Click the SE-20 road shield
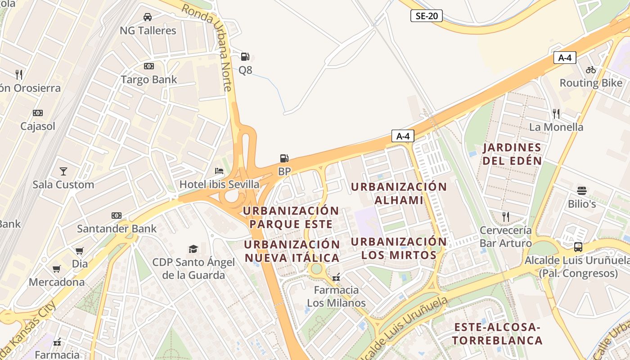pyautogui.click(x=426, y=16)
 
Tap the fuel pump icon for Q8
pyautogui.click(x=245, y=56)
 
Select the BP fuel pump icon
pyautogui.click(x=284, y=158)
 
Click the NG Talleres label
pyautogui.click(x=148, y=31)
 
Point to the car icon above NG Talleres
pyautogui.click(x=147, y=17)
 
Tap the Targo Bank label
pyautogui.click(x=148, y=80)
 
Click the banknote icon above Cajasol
pyautogui.click(x=38, y=113)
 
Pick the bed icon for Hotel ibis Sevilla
pyautogui.click(x=219, y=171)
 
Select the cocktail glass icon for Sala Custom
pyautogui.click(x=63, y=171)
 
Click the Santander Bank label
pyautogui.click(x=117, y=229)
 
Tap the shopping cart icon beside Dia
pyautogui.click(x=80, y=251)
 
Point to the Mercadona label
pyautogui.click(x=57, y=282)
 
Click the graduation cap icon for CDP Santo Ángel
pyautogui.click(x=193, y=249)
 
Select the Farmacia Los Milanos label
pyautogui.click(x=336, y=296)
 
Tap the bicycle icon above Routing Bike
pyautogui.click(x=591, y=70)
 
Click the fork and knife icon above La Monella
pyautogui.click(x=556, y=113)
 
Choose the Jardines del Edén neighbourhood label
pyautogui.click(x=512, y=154)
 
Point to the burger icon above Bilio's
pyautogui.click(x=582, y=190)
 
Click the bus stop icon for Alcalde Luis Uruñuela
pyautogui.click(x=578, y=247)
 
